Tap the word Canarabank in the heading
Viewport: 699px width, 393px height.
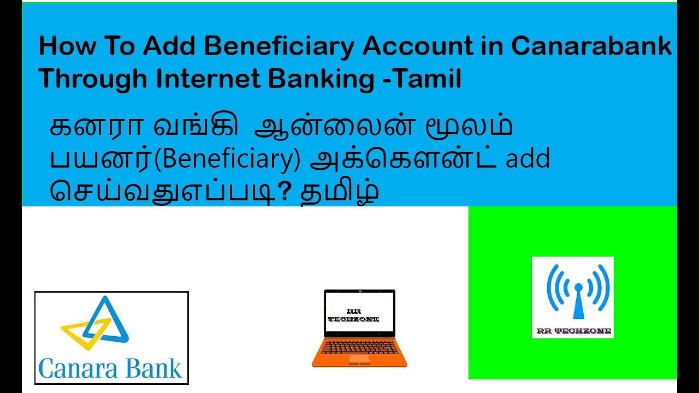pos(591,47)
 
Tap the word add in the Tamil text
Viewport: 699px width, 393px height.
pos(528,159)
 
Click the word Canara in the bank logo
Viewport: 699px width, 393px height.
pos(75,368)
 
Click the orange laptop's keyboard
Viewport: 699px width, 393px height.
pos(359,347)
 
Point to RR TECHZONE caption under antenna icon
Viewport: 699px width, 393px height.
pos(573,331)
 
